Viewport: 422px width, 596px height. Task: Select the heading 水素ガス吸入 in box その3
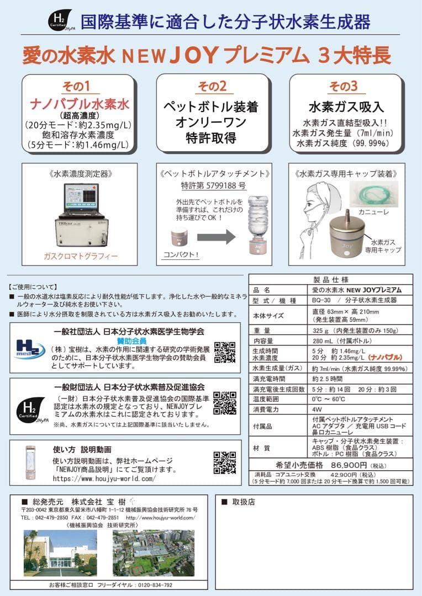click(346, 107)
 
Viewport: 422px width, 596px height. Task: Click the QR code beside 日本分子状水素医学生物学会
click(225, 353)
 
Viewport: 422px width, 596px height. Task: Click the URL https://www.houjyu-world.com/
click(104, 479)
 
